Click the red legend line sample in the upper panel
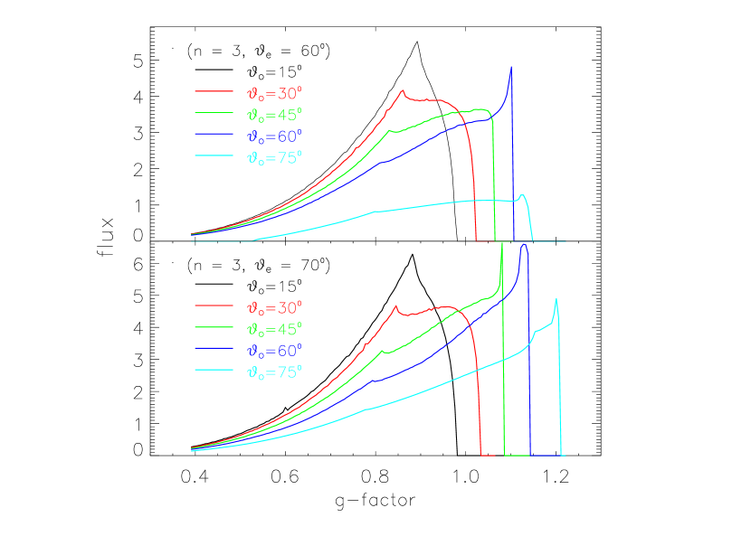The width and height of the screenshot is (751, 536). [x=214, y=91]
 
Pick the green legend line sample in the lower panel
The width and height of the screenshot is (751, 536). [x=214, y=328]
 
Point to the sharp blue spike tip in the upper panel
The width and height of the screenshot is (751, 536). [x=511, y=66]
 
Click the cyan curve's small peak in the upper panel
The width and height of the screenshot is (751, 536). [x=522, y=195]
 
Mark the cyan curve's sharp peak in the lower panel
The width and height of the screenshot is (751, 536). [x=556, y=299]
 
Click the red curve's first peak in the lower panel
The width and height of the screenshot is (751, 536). [x=396, y=306]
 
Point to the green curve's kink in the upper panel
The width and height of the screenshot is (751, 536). [x=391, y=130]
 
